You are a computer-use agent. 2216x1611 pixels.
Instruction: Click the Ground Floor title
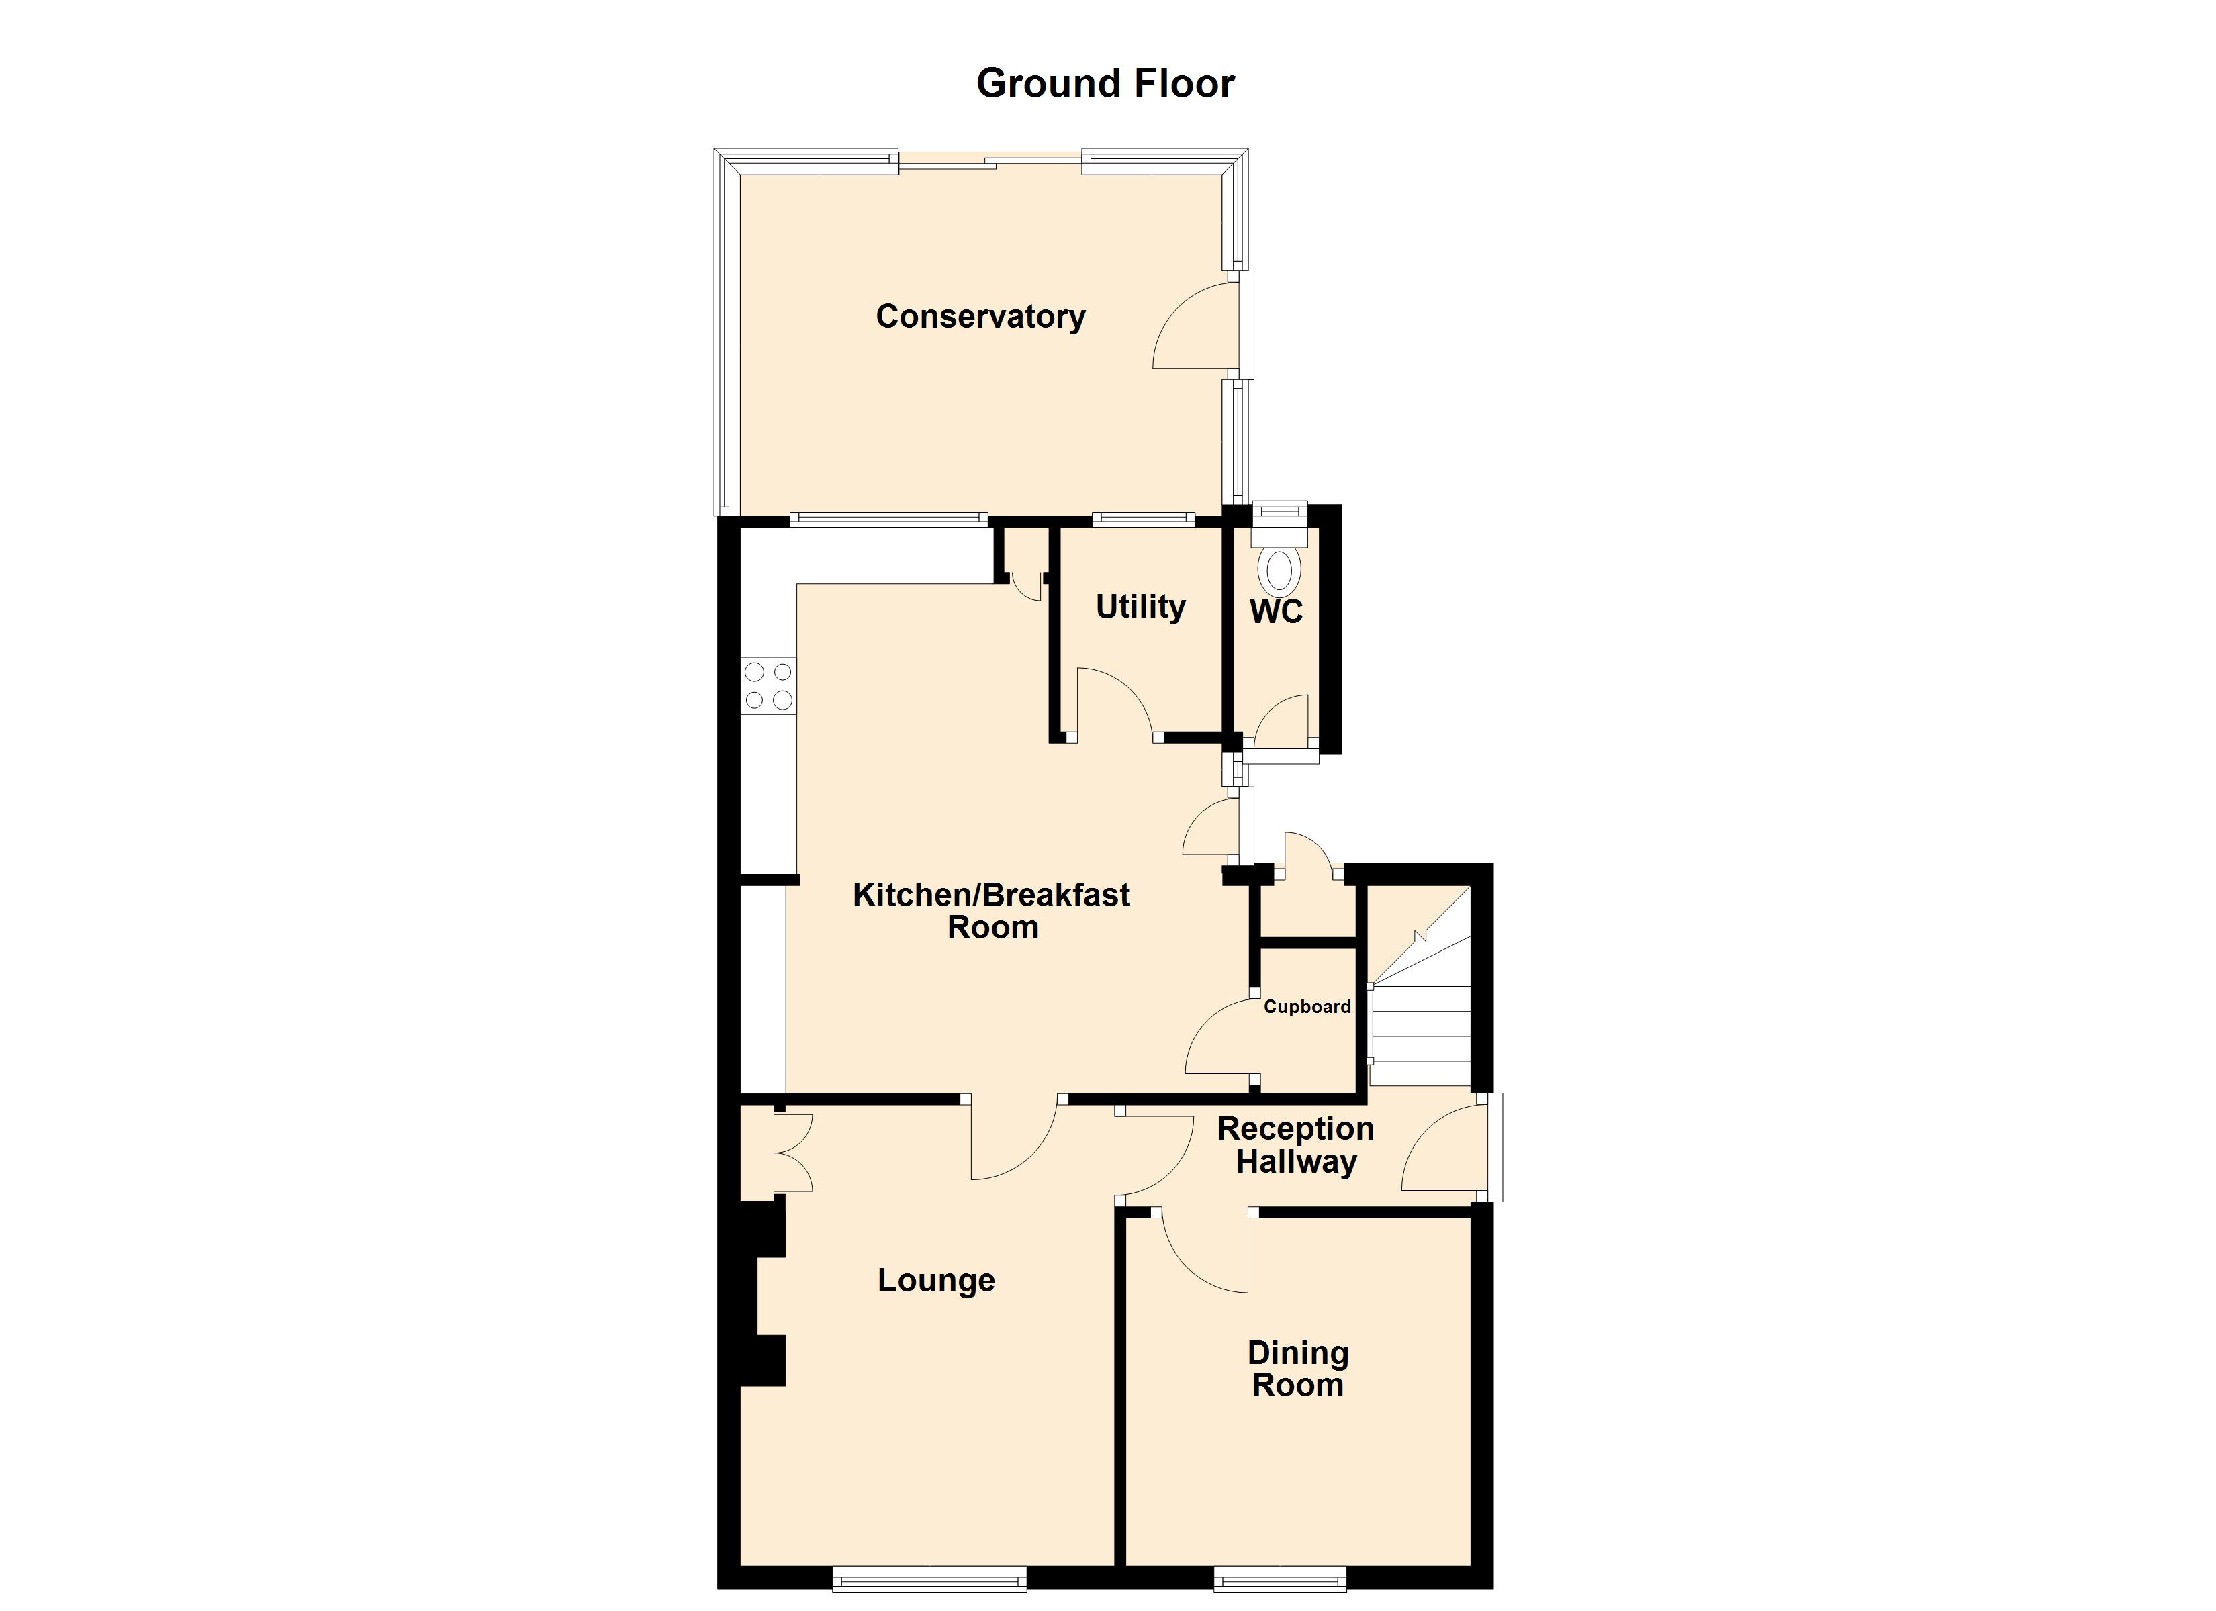(1105, 84)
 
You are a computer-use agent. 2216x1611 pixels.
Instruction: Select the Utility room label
(1140, 607)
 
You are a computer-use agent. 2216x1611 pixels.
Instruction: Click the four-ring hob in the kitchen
(768, 686)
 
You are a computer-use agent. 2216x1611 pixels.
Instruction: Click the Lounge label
(936, 1281)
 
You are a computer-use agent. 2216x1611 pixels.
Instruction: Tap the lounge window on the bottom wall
(929, 1579)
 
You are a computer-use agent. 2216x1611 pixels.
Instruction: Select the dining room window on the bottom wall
(1280, 1579)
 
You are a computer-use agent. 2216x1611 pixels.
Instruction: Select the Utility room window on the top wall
(1143, 520)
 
